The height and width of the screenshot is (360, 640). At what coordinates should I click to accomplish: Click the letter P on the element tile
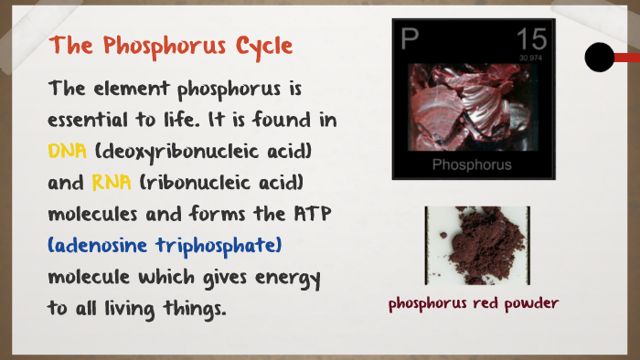[410, 38]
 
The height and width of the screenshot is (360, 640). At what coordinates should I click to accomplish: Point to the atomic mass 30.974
[530, 58]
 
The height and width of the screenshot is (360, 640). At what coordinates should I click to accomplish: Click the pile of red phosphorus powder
[475, 245]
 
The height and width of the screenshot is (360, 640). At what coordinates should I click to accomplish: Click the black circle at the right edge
[599, 58]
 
